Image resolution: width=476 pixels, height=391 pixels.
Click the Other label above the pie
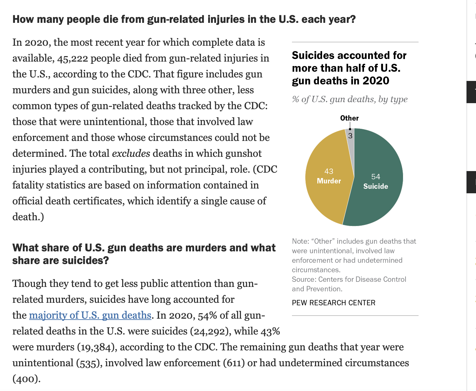[x=349, y=118]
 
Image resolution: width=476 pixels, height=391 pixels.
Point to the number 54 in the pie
[x=375, y=177]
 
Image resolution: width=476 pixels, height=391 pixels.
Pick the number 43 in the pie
[x=329, y=171]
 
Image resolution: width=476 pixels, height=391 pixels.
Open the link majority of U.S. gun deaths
[x=90, y=315]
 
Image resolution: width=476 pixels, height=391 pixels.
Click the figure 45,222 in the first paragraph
[x=72, y=58]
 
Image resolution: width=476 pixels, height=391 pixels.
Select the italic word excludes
[x=131, y=154]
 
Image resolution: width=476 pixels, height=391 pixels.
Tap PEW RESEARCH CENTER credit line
[x=334, y=303]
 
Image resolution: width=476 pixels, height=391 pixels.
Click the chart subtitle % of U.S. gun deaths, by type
[x=350, y=99]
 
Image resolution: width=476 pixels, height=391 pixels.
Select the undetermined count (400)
[x=26, y=379]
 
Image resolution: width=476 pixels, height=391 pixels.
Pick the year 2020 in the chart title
[x=376, y=81]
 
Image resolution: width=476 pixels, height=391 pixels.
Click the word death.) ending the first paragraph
[x=28, y=217]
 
